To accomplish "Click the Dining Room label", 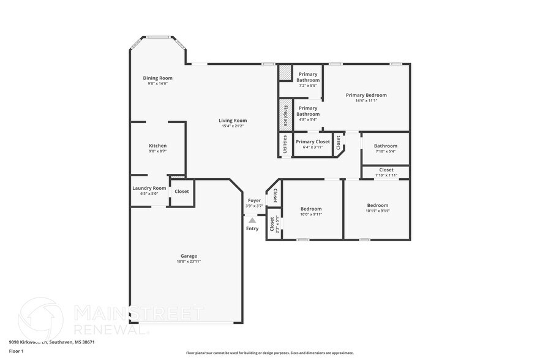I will (x=157, y=78).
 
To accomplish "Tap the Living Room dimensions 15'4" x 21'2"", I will (x=233, y=126).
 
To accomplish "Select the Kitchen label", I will (x=157, y=146).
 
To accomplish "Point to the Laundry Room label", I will (x=149, y=188).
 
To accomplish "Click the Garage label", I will (x=189, y=256).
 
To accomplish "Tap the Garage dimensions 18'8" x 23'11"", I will (x=189, y=261).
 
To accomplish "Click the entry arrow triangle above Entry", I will (x=252, y=220).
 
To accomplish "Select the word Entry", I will (x=252, y=228).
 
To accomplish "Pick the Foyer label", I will (x=253, y=200).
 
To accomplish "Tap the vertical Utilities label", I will (x=285, y=145).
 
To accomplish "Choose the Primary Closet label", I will (x=313, y=141).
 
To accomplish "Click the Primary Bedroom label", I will (x=366, y=95).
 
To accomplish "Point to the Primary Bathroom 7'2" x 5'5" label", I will (x=308, y=77).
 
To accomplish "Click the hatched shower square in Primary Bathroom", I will (x=285, y=72).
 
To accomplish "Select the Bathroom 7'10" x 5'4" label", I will (x=386, y=146).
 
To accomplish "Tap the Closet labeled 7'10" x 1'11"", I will (x=386, y=170).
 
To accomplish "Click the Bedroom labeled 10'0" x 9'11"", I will (x=311, y=209).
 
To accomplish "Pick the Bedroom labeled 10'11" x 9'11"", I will (x=377, y=205).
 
